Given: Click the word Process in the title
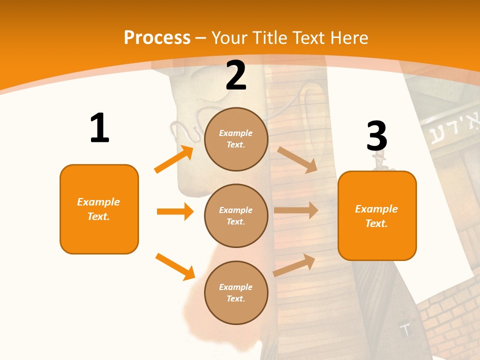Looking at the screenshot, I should click(x=157, y=38).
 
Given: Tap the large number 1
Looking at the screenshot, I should click(x=99, y=128).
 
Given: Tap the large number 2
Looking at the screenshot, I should click(x=235, y=75).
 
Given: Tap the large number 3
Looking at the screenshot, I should click(x=376, y=136).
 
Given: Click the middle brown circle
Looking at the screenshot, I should click(x=236, y=215).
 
